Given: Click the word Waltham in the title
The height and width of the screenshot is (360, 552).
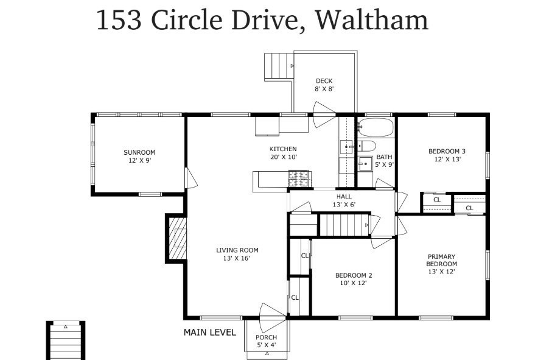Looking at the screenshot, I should (372, 19).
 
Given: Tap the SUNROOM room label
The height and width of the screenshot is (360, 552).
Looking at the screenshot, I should (139, 152).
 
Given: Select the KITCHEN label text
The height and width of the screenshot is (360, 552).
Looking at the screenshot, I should (283, 149).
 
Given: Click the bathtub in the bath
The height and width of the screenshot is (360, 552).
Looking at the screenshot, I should (375, 128).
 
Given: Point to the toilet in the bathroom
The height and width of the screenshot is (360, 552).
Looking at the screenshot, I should (367, 146).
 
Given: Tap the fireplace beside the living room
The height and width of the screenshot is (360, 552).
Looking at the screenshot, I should (176, 239).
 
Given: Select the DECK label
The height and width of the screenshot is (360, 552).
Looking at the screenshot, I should (324, 81).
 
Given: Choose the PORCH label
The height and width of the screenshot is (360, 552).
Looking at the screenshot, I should (266, 337).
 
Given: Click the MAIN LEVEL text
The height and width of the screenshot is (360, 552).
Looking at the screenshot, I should (209, 333).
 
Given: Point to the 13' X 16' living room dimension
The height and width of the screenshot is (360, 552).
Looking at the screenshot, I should (237, 258).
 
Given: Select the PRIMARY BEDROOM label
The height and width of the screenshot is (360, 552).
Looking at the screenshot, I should (441, 260).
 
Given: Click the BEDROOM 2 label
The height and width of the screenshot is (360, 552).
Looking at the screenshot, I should (354, 275).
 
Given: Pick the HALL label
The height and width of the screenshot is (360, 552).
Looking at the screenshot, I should (344, 197).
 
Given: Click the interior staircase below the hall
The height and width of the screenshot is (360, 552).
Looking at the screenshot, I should (344, 225).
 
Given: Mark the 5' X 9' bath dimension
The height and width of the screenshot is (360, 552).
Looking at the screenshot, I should (385, 164).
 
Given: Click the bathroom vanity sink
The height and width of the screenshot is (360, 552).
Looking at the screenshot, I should (365, 163).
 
